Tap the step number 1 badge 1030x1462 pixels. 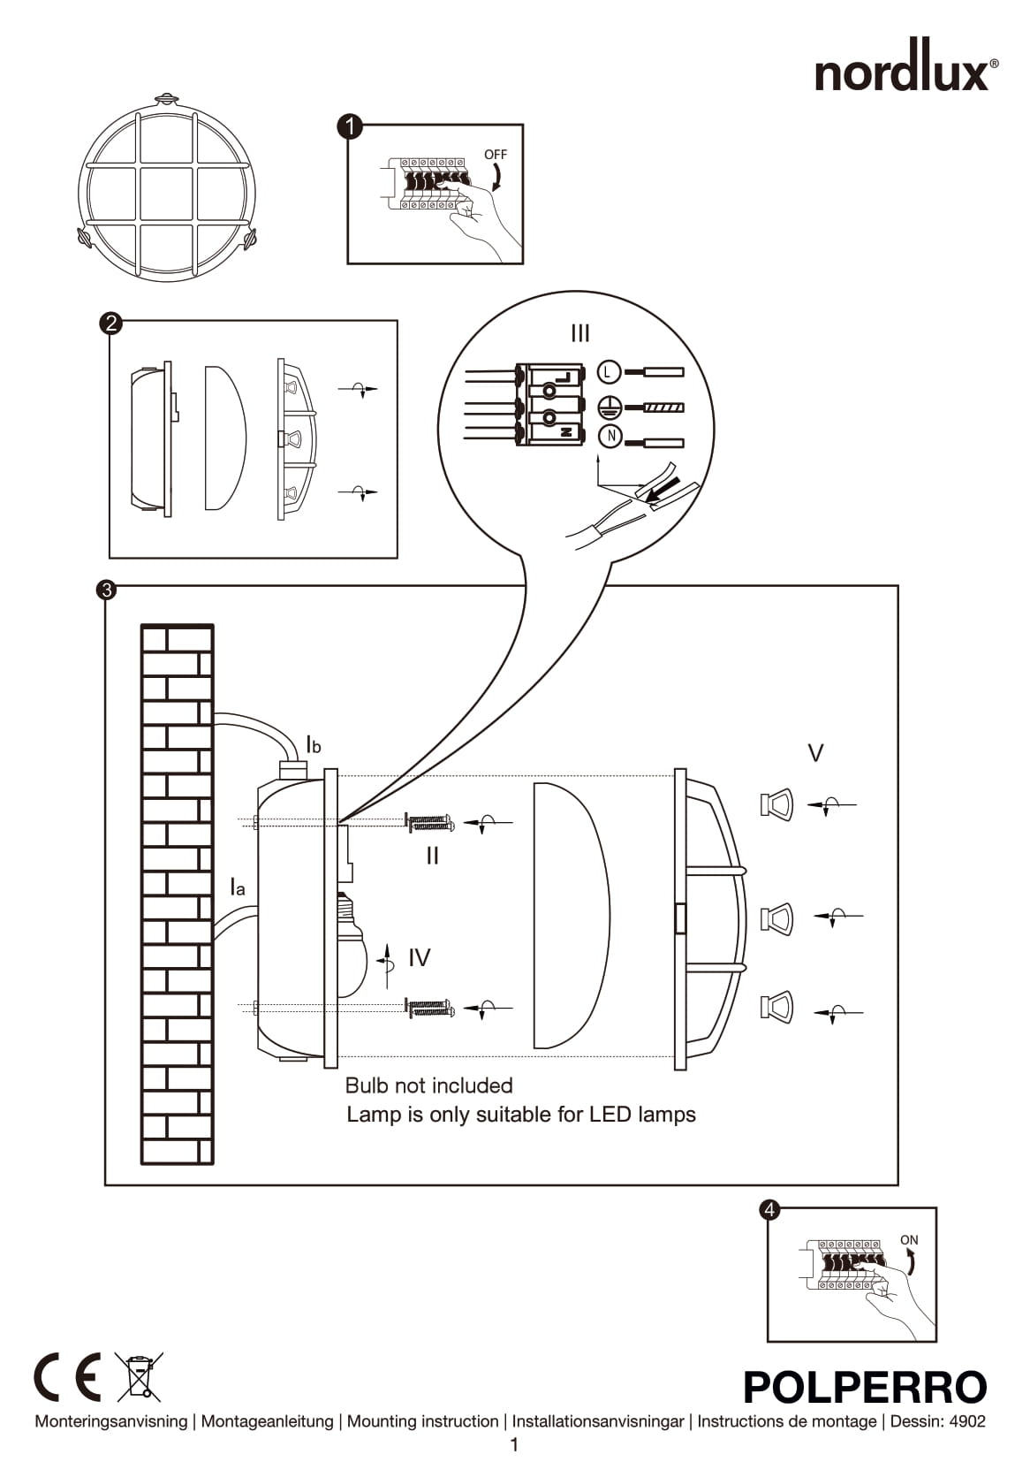tap(351, 126)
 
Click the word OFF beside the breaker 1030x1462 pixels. tap(496, 155)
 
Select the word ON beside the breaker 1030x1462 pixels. tap(909, 1240)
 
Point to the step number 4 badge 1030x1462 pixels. tap(770, 1209)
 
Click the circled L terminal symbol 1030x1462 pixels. tap(609, 372)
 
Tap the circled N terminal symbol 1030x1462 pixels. tap(610, 436)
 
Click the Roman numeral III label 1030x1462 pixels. tap(580, 333)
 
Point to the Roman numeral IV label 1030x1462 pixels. tap(420, 957)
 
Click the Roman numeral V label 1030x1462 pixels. tap(816, 753)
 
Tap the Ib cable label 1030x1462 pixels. tap(314, 745)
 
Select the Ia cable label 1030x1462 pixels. tap(238, 887)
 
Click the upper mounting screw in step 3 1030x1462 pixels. tap(429, 823)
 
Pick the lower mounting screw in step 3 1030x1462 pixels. tap(429, 1007)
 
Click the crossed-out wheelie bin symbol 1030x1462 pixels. tap(140, 1376)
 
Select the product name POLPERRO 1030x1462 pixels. tap(865, 1387)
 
